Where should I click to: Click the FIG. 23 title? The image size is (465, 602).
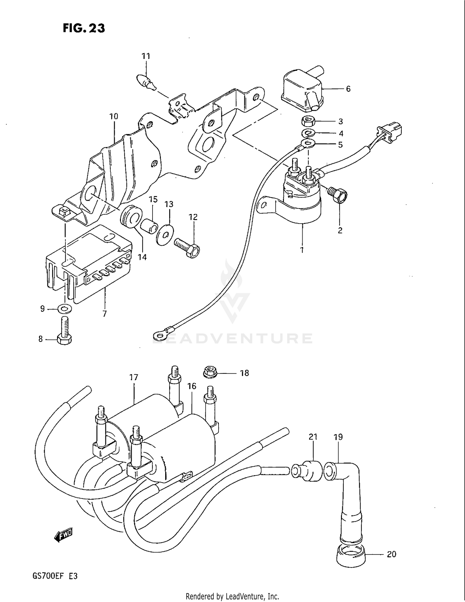[x=84, y=28]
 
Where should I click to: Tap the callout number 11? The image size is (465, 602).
[x=146, y=56]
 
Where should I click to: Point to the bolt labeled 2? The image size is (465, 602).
[x=339, y=196]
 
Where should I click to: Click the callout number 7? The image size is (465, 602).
[x=104, y=314]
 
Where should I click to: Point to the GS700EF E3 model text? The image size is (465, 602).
[x=55, y=576]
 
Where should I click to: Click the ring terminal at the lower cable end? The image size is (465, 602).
[x=159, y=334]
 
